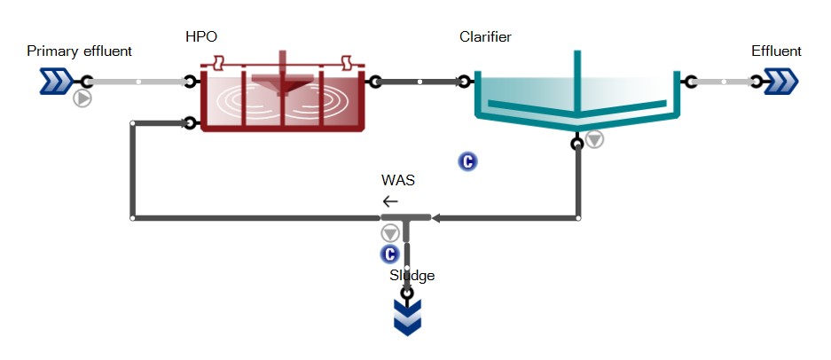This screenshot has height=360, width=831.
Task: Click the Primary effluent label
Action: tap(80, 51)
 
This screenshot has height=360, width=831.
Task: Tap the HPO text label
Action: tap(201, 36)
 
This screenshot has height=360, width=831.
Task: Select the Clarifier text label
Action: tap(485, 37)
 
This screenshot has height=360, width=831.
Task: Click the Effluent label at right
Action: tap(776, 51)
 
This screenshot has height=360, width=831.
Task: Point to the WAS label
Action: tap(398, 180)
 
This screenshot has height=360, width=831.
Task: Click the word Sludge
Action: tap(412, 276)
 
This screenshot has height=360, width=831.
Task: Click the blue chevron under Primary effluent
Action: tap(56, 82)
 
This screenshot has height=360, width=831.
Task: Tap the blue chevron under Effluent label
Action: tap(781, 82)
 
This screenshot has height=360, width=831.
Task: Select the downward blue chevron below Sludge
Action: tap(408, 317)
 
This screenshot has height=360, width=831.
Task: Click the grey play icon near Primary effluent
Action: tap(82, 98)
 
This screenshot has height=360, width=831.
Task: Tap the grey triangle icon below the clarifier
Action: tap(595, 139)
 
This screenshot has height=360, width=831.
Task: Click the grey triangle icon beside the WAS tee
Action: tap(390, 232)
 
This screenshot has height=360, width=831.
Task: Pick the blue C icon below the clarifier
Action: tap(467, 161)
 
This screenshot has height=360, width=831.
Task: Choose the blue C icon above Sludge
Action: tap(389, 254)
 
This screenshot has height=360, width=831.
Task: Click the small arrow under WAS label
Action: tap(390, 201)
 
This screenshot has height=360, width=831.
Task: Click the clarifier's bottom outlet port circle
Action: tap(577, 144)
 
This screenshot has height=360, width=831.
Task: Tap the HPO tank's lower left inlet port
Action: tap(191, 123)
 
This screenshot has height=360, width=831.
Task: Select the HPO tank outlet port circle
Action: tap(375, 82)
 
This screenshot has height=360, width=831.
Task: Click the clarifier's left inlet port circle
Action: tap(464, 82)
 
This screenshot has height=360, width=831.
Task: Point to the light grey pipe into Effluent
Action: tap(724, 82)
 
